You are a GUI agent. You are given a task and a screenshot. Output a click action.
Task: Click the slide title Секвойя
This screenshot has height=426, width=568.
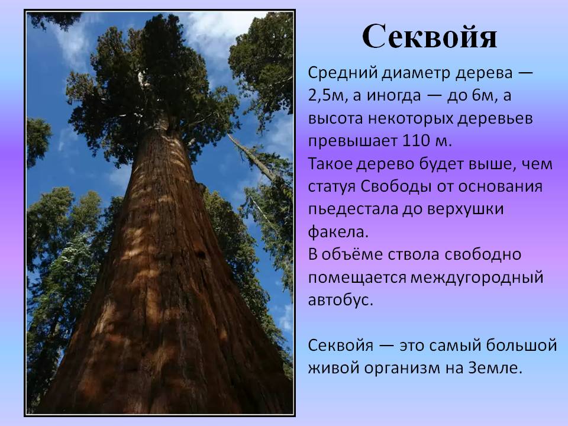[430, 36]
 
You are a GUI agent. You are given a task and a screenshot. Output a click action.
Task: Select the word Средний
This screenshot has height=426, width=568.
[343, 73]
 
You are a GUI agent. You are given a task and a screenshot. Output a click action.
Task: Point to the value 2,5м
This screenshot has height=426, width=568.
[325, 96]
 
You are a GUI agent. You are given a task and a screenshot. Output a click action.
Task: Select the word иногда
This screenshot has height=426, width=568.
[394, 96]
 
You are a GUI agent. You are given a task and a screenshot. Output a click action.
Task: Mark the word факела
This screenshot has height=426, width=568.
[338, 232]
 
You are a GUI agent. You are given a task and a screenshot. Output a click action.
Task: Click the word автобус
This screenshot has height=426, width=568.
[341, 300]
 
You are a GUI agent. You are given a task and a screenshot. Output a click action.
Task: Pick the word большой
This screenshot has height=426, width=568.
[521, 345]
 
